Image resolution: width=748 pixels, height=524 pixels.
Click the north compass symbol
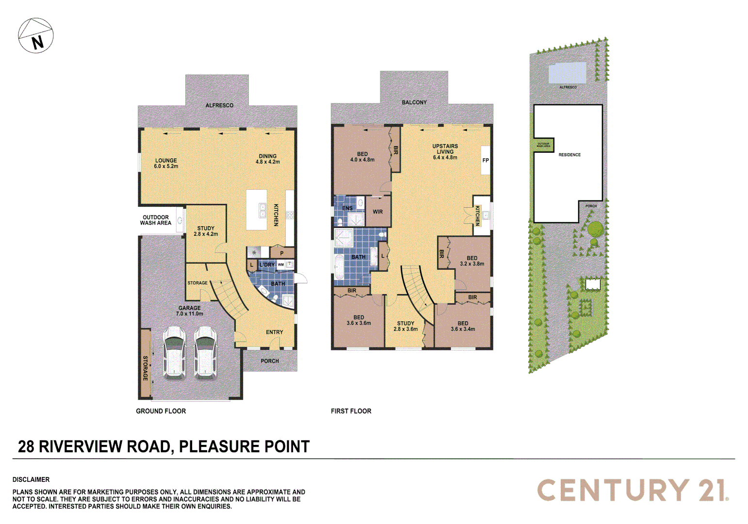(36, 35)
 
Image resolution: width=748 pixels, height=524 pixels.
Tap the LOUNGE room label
(166, 163)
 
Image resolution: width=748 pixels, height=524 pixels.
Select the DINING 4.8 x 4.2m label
(268, 159)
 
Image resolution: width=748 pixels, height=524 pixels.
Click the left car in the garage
(174, 353)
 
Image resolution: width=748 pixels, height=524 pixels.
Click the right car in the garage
(206, 353)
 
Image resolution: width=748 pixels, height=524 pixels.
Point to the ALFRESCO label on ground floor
(219, 105)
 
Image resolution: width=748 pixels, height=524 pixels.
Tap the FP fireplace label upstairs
(486, 161)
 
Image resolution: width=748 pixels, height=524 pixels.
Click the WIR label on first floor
(378, 212)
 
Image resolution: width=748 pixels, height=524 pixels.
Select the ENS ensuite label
(347, 208)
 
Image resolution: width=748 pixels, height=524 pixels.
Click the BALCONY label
(414, 102)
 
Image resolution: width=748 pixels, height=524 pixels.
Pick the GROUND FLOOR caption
(161, 411)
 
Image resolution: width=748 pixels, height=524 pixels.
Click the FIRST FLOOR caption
(351, 411)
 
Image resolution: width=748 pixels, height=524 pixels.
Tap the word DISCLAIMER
(31, 479)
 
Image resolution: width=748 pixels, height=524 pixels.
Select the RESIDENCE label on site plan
(569, 155)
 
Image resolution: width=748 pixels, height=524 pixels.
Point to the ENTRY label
(275, 332)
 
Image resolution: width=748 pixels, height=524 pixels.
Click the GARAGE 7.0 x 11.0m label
(190, 311)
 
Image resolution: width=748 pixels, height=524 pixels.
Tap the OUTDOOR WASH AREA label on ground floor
(156, 220)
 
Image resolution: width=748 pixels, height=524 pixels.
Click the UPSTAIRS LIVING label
(445, 151)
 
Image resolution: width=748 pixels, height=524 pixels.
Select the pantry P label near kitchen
(282, 253)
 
